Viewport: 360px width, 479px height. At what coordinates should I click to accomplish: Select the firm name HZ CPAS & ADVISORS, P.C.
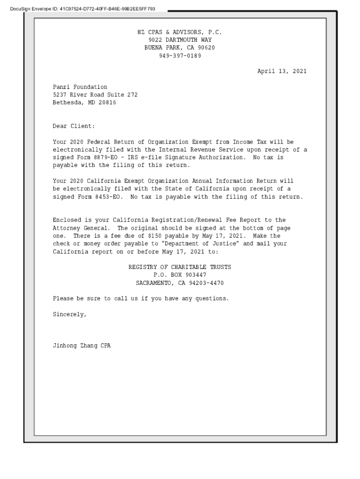pos(180,32)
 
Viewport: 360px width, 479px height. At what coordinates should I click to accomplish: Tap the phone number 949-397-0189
pos(180,56)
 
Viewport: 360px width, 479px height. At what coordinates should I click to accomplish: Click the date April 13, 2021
pos(282,72)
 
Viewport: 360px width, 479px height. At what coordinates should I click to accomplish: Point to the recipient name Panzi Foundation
pos(80,87)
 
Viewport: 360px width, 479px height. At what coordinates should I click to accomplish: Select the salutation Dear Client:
pos(74,126)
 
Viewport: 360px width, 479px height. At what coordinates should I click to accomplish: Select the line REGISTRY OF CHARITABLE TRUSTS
pos(180,267)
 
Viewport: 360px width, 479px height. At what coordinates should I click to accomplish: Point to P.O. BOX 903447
pos(180,275)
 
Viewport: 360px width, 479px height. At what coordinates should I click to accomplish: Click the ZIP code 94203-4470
pos(206,283)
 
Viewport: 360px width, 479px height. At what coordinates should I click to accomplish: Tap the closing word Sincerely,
pos(70,314)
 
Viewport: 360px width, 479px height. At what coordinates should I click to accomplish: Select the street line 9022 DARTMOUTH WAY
pos(180,40)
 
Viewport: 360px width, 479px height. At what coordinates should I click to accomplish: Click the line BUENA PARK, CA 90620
pos(180,48)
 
